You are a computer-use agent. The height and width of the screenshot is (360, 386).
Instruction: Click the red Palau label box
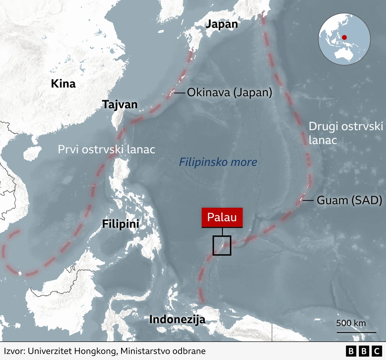pyautogui.click(x=222, y=218)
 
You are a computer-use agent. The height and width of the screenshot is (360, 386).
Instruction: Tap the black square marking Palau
pyautogui.click(x=222, y=245)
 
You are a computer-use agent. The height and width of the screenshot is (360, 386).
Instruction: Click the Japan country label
pyautogui.click(x=221, y=24)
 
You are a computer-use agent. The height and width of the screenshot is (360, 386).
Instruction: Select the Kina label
pyautogui.click(x=63, y=84)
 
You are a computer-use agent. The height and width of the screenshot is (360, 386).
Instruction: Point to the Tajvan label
pyautogui.click(x=120, y=104)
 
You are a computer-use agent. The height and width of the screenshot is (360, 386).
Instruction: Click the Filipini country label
pyautogui.click(x=120, y=224)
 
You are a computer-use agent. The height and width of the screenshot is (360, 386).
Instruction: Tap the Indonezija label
pyautogui.click(x=177, y=319)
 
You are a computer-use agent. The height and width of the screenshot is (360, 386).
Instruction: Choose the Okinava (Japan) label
pyautogui.click(x=229, y=93)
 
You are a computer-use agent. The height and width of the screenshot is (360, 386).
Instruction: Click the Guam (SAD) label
pyautogui.click(x=349, y=200)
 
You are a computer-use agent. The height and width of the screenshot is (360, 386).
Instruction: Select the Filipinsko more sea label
pyautogui.click(x=218, y=162)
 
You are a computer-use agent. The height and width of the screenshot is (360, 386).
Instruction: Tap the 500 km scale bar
pyautogui.click(x=356, y=332)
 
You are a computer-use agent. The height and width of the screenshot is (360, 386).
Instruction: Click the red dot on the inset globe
pyautogui.click(x=344, y=37)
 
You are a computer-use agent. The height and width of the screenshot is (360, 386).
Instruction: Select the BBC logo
pyautogui.click(x=364, y=351)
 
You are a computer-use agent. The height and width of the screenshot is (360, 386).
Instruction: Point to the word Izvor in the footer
pyautogui.click(x=14, y=351)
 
